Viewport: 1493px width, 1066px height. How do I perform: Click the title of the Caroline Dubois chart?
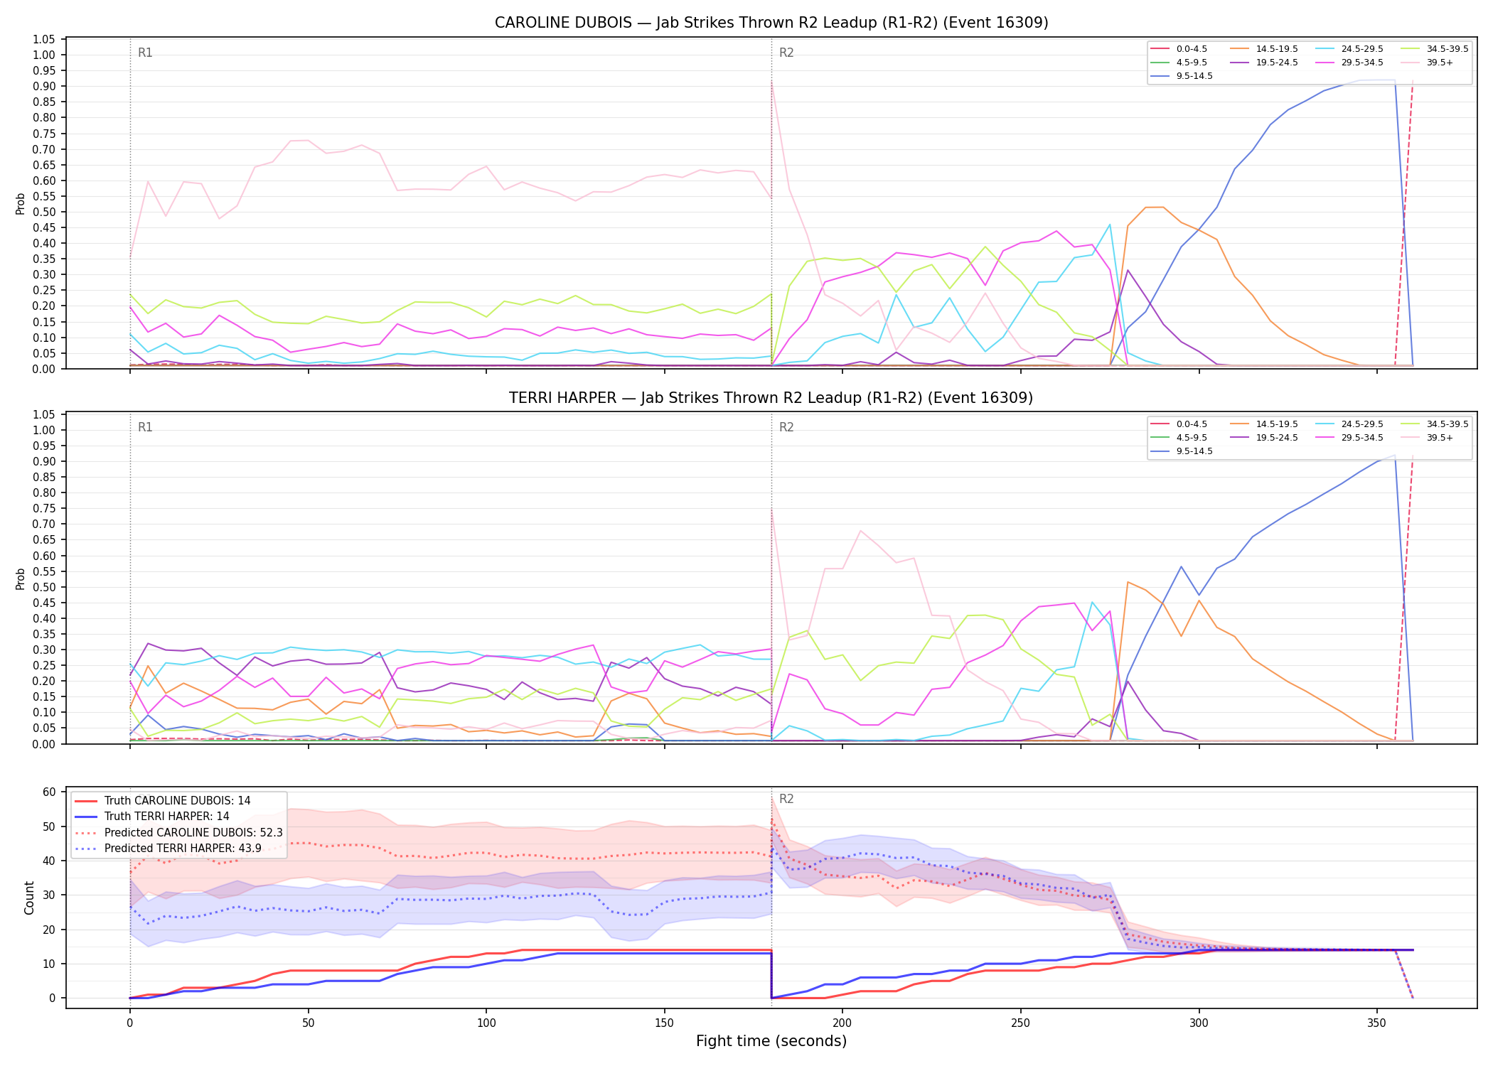(x=771, y=23)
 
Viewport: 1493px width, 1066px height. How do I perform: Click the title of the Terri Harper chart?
(x=771, y=398)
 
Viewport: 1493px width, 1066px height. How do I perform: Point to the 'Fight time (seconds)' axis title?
(x=771, y=1041)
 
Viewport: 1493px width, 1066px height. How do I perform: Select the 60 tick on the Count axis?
(x=49, y=792)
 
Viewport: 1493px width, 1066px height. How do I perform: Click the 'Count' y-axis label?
(x=29, y=898)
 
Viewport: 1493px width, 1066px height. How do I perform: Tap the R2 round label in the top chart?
(x=786, y=53)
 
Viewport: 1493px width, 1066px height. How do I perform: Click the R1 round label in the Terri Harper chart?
(x=145, y=427)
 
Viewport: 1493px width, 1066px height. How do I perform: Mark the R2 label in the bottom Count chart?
(x=786, y=799)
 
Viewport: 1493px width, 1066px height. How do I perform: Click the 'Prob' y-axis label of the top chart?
(x=21, y=204)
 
